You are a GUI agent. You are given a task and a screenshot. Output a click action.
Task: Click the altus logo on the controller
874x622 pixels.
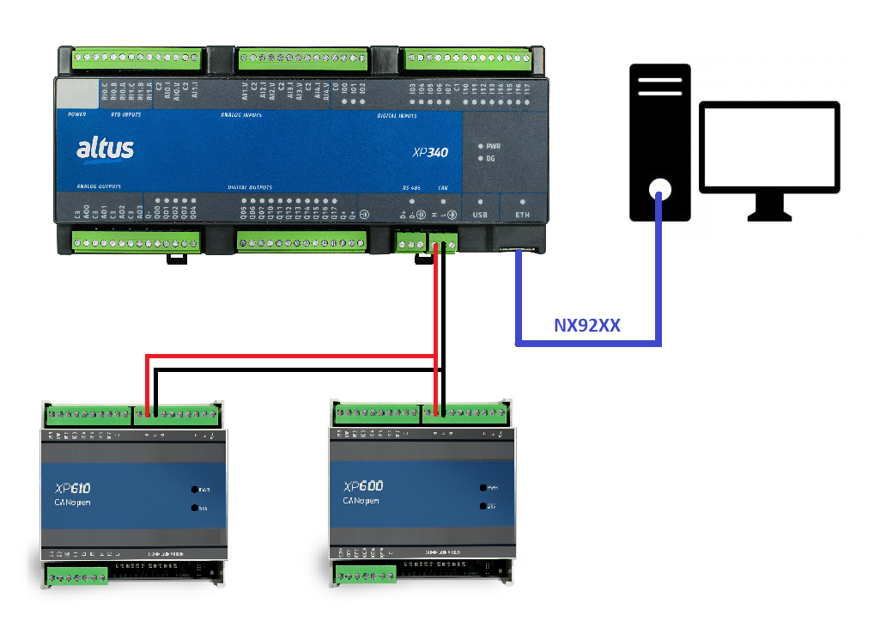tap(105, 149)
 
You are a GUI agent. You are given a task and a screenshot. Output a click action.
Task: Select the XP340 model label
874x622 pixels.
tap(430, 153)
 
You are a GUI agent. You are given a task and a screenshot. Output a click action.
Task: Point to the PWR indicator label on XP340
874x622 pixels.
tap(494, 146)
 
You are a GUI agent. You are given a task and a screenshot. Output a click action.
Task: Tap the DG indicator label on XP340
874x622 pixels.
tap(491, 159)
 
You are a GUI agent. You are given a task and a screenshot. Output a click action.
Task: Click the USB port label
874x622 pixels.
tap(480, 214)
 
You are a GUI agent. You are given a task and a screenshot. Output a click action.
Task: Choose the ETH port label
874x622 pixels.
tap(522, 214)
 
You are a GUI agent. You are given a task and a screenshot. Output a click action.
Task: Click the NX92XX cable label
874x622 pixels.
tap(587, 326)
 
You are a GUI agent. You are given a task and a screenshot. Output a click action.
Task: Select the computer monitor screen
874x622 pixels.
tap(768, 146)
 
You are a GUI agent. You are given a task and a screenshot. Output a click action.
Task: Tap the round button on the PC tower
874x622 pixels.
tap(659, 188)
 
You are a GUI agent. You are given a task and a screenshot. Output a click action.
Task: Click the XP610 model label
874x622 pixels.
tap(73, 488)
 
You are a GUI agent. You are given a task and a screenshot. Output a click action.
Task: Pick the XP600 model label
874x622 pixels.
tap(363, 486)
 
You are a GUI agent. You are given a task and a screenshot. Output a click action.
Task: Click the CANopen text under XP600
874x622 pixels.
tap(362, 500)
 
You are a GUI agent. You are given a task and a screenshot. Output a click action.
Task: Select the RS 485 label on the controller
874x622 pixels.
tap(412, 186)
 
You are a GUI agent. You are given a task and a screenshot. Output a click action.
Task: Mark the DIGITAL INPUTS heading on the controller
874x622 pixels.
tap(397, 114)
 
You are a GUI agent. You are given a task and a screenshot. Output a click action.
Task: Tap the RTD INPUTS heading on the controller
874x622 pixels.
tap(120, 113)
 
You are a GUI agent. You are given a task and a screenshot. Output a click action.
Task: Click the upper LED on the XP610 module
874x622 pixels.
tap(197, 489)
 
